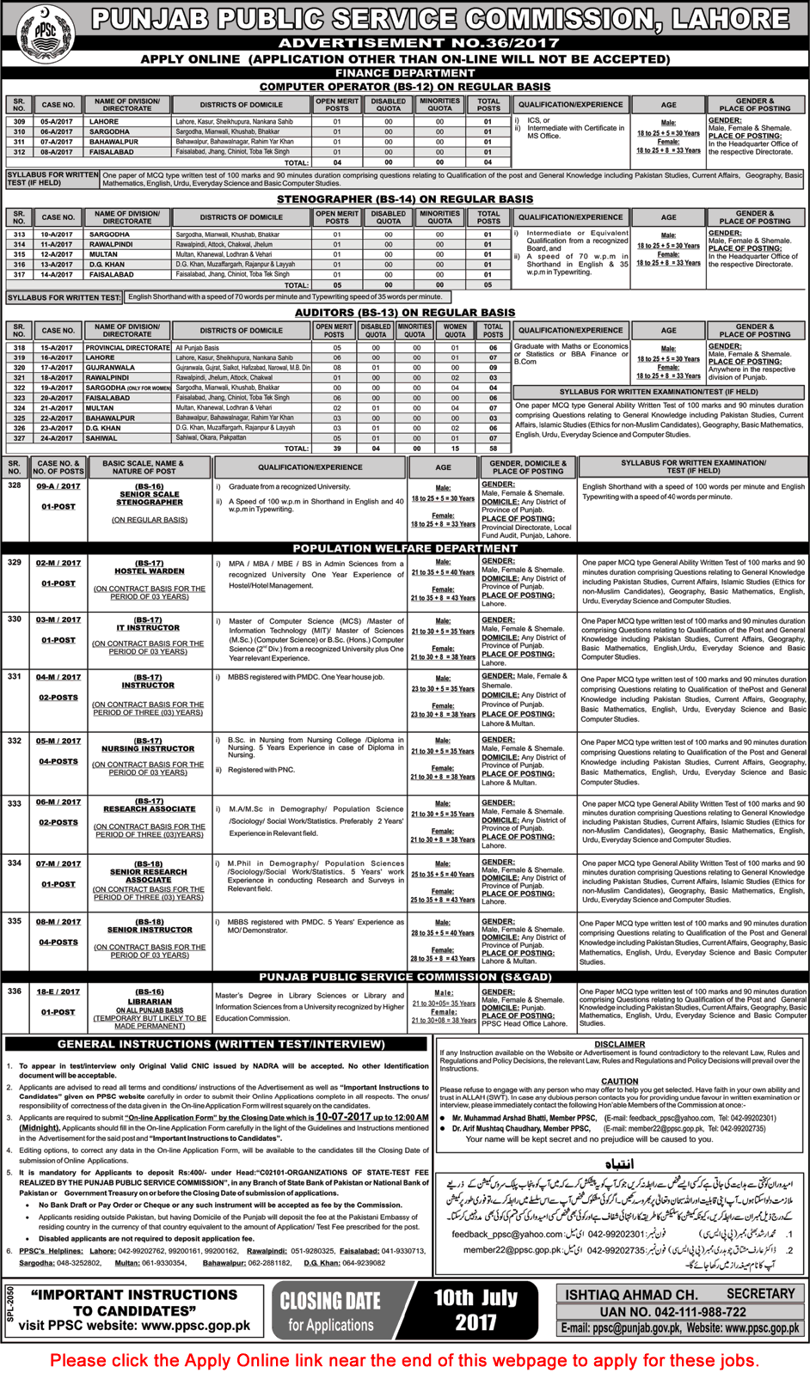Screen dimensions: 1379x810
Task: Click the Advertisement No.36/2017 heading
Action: (404, 43)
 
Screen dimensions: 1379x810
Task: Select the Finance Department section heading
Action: (404, 73)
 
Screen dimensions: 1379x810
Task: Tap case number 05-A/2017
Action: (58, 122)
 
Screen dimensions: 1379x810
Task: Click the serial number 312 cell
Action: (19, 152)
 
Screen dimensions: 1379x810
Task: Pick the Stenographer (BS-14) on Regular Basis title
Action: (404, 199)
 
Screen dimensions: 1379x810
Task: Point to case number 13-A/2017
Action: (58, 265)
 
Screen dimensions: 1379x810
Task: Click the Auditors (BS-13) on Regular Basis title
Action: (404, 313)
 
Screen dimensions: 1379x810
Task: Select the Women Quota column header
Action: (456, 331)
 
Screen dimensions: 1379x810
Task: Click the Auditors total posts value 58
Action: (493, 448)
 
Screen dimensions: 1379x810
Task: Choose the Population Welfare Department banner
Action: (405, 548)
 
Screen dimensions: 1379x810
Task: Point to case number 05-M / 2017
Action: (58, 741)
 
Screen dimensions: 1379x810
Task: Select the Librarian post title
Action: (150, 1002)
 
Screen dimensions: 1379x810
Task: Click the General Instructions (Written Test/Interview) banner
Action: (221, 1045)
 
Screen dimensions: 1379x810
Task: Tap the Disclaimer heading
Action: (619, 1045)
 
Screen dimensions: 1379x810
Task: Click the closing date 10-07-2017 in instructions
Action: (343, 1117)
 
